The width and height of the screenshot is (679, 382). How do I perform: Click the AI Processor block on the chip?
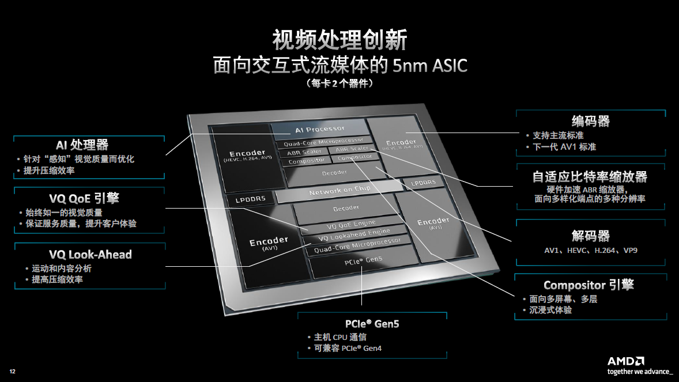(x=319, y=129)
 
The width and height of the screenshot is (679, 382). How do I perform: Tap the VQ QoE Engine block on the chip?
(x=351, y=224)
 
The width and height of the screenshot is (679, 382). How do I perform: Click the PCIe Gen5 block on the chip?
(x=363, y=261)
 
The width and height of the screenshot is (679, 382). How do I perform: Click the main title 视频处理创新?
(x=340, y=40)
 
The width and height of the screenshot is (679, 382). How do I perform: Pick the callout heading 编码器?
(x=590, y=121)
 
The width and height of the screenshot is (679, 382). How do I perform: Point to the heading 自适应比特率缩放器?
(x=590, y=176)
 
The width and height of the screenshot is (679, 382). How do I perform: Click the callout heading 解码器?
(x=590, y=236)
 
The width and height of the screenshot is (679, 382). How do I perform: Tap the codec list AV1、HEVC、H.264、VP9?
(x=590, y=251)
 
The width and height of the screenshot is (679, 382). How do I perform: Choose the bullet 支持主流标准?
(x=558, y=135)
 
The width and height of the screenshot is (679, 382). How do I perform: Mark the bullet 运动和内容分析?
(x=61, y=268)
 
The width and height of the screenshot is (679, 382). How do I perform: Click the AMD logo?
(x=625, y=361)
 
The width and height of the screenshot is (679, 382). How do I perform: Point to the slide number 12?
(x=12, y=370)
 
